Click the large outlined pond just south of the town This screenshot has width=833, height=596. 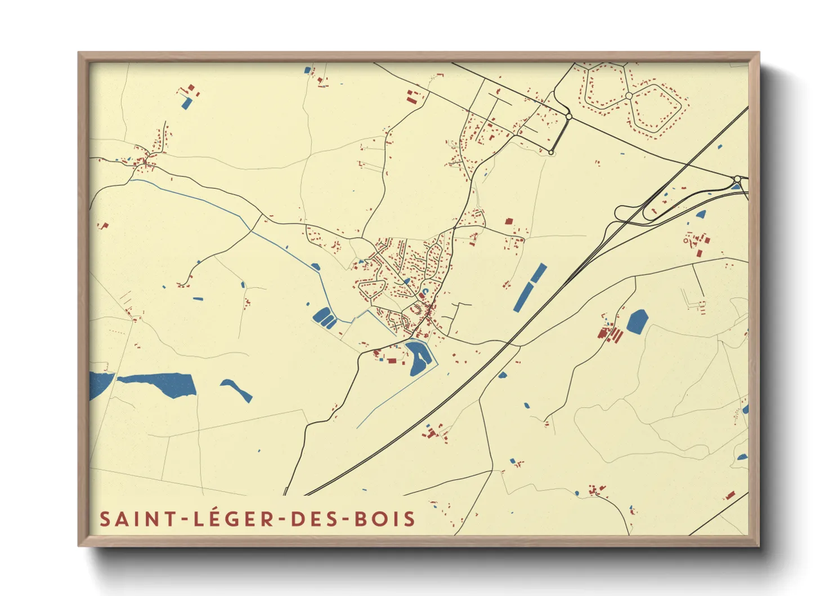tap(418, 357)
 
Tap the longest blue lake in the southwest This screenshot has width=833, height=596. tap(160, 384)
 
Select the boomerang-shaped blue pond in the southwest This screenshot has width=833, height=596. tap(237, 389)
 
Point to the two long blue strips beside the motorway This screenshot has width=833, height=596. tap(530, 287)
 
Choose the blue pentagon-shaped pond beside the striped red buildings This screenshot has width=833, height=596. tap(637, 321)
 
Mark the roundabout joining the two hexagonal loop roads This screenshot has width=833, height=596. tap(629, 96)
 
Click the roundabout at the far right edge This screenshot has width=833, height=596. tap(737, 179)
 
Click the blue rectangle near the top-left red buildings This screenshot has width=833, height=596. tap(186, 103)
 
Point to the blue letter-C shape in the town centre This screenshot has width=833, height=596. tap(426, 291)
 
